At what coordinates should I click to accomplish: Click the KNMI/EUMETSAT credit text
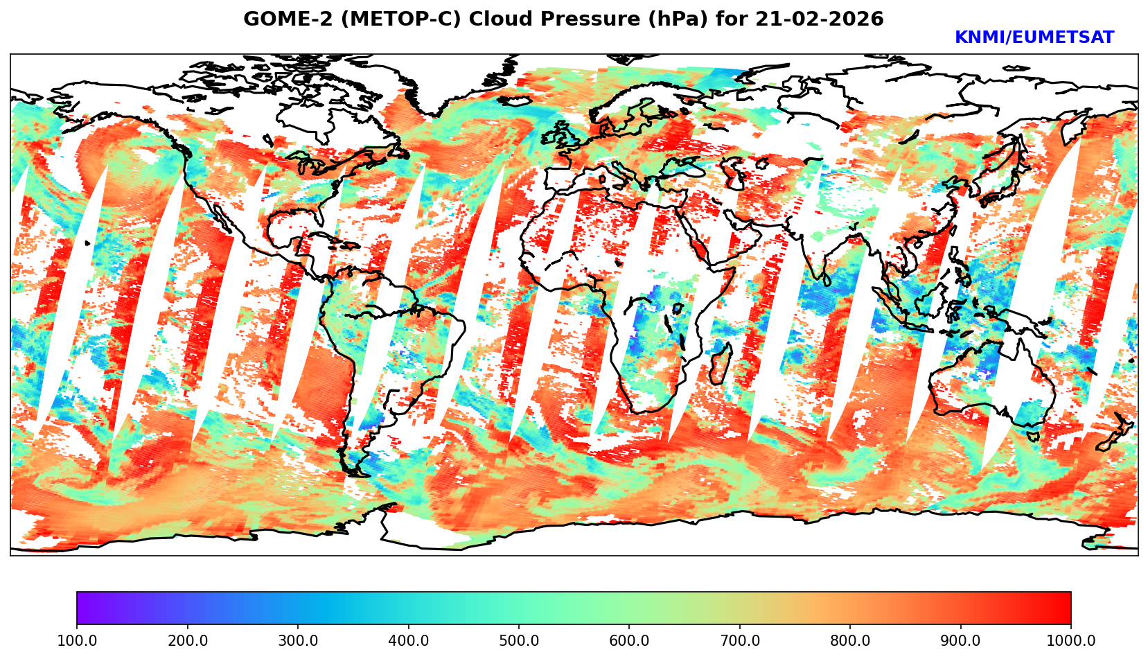pyautogui.click(x=1034, y=38)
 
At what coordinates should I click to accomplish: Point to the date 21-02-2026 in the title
pyautogui.click(x=820, y=19)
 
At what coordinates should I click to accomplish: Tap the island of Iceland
pyautogui.click(x=514, y=100)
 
